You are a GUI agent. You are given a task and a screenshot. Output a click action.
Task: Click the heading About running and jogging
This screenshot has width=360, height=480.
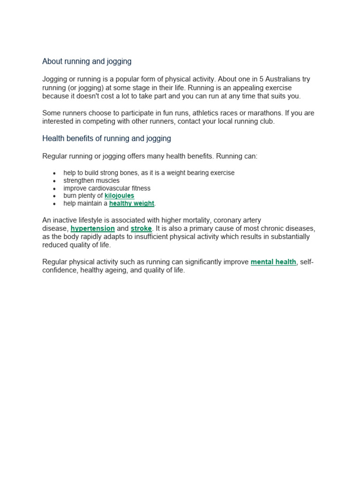click(x=87, y=61)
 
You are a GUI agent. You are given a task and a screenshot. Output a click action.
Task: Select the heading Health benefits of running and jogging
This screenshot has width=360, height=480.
click(x=106, y=138)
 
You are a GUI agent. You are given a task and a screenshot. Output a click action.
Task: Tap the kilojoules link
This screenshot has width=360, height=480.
click(x=119, y=196)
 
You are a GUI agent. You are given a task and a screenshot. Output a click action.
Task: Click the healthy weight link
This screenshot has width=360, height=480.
click(x=132, y=203)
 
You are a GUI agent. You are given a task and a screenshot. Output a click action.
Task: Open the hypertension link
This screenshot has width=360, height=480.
click(x=93, y=229)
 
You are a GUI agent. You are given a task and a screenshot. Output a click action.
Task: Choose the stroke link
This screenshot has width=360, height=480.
click(x=141, y=229)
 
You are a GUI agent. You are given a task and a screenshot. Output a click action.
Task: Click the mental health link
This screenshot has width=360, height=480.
click(x=273, y=262)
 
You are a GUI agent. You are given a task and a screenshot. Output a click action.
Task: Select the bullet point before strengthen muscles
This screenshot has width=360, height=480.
click(x=55, y=181)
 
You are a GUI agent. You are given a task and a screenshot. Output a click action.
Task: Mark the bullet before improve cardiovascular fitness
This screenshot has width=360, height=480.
click(x=55, y=188)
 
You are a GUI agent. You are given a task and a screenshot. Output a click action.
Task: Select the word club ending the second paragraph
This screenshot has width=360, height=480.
click(x=266, y=121)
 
